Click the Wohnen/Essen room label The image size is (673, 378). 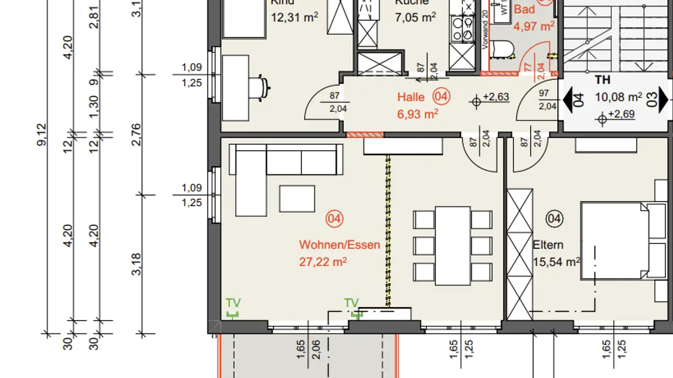(x=339, y=245)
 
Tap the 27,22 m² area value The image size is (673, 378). (x=323, y=262)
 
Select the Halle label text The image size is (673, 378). (x=411, y=97)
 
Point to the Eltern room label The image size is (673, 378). (x=548, y=245)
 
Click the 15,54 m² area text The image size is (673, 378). (x=556, y=262)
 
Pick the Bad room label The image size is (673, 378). (x=524, y=9)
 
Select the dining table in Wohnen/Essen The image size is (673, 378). (x=452, y=245)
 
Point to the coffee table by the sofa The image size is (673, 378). (x=297, y=198)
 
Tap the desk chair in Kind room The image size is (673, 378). (x=258, y=87)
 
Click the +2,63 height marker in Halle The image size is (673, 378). (x=495, y=97)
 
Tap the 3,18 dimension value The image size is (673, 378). (x=136, y=264)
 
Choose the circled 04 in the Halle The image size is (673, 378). (x=441, y=97)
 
